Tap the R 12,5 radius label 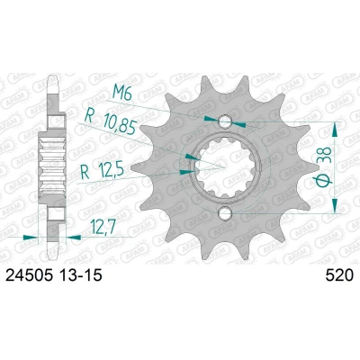pos(103,172)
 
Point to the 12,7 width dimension pos(103,228)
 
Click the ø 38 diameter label pos(324,167)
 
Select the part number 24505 pos(30,275)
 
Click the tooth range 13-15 pos(81,275)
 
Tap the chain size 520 pos(339,275)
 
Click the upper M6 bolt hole pos(225,121)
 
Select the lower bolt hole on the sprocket pos(225,212)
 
